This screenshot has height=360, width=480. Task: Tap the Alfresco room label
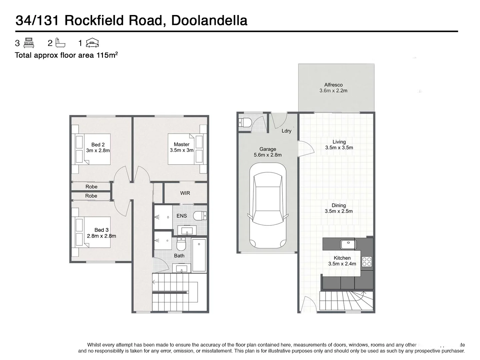(333, 85)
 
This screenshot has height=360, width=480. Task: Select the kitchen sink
(348, 244)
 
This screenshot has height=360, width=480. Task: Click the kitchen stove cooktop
(367, 261)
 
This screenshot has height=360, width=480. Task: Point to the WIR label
(185, 193)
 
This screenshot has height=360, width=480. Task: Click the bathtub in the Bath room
(199, 255)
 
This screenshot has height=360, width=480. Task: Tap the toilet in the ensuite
(200, 216)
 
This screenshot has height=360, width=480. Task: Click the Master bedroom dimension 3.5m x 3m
(182, 150)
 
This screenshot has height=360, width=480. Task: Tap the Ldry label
(286, 131)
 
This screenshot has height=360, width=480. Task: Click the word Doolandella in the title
(209, 20)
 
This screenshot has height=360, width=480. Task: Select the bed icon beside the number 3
(29, 43)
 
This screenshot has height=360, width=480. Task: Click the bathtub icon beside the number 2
(60, 43)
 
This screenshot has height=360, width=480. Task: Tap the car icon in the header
(92, 43)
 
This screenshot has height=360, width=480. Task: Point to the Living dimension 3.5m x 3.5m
(339, 148)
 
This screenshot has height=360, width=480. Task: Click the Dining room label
(339, 205)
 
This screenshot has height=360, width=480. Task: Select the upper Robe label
(91, 187)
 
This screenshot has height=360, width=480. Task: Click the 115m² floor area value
(107, 55)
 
